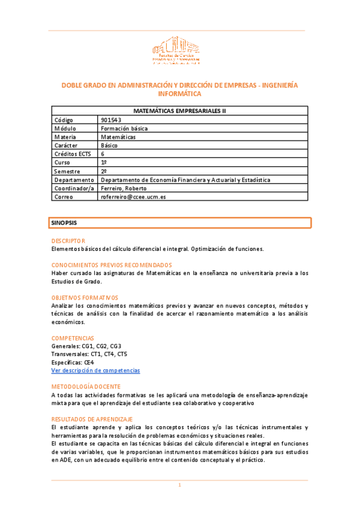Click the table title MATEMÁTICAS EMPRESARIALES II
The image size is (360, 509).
tap(179, 110)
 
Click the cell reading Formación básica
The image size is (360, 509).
tap(124, 128)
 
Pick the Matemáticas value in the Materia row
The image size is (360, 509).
tap(119, 137)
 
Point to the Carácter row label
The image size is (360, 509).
tap(67, 145)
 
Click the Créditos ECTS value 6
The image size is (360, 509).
tap(103, 154)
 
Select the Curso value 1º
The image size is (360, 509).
tap(104, 163)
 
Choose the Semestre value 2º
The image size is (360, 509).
tap(104, 171)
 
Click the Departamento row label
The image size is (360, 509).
tap(74, 179)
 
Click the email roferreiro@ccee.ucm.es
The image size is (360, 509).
tap(133, 196)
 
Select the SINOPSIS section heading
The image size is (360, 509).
tap(64, 223)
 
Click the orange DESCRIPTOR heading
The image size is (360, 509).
tap(68, 241)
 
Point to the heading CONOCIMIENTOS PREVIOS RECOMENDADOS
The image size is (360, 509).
tap(112, 265)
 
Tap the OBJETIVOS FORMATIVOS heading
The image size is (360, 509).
tap(85, 297)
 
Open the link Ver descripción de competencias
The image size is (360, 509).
tap(95, 370)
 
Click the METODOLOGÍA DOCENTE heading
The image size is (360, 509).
tap(86, 387)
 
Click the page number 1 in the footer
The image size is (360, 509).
tap(179, 485)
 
